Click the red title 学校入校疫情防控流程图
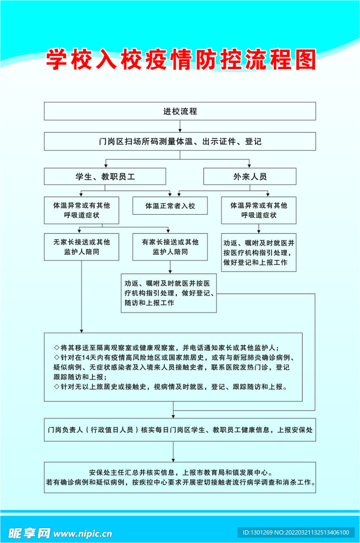(180, 59)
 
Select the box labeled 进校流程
(180, 111)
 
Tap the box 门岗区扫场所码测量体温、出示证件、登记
(180, 142)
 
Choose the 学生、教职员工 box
(105, 177)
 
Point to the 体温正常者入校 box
(171, 205)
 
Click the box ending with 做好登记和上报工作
(259, 252)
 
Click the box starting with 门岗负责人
(180, 430)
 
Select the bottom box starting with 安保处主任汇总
(180, 477)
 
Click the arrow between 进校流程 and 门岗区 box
(180, 127)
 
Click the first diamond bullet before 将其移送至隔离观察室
(56, 348)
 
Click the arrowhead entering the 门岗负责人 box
(173, 415)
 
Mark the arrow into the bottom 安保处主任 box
(173, 459)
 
